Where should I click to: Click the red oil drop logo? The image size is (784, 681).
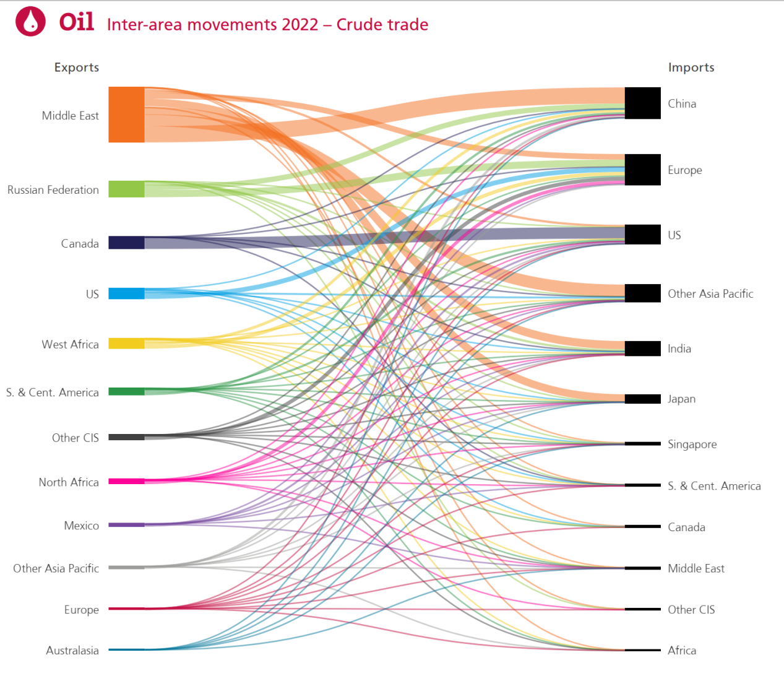tap(30, 22)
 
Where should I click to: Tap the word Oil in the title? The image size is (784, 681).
tap(77, 22)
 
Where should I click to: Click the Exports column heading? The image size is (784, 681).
tap(76, 67)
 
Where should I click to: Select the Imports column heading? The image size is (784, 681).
tap(691, 67)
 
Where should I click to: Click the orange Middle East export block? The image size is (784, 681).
tap(126, 115)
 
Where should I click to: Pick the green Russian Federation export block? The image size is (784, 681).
tap(126, 189)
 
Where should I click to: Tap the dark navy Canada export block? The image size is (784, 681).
tap(126, 242)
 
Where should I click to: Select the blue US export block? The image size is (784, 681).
tap(126, 293)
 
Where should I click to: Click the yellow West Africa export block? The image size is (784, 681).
tap(126, 343)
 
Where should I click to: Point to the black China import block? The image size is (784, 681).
tap(642, 103)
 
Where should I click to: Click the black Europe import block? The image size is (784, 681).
tap(642, 170)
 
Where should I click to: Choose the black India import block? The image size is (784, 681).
tap(642, 349)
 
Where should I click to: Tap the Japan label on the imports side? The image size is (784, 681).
tap(681, 399)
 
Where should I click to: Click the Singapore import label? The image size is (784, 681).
tap(692, 444)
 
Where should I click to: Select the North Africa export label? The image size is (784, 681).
tap(69, 482)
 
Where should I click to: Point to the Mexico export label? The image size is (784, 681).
tap(81, 526)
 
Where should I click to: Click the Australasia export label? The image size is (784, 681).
tap(72, 650)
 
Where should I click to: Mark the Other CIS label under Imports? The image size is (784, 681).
tap(691, 609)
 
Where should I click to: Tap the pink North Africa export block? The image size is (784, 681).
tap(126, 481)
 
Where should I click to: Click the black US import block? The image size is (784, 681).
tap(642, 235)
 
